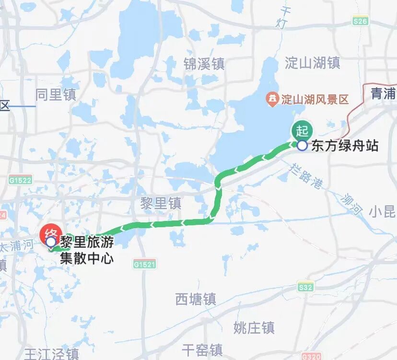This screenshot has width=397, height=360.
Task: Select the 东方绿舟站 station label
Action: (345, 146)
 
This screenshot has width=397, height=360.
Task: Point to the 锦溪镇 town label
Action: (204, 64)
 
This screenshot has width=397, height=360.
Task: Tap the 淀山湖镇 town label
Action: (313, 63)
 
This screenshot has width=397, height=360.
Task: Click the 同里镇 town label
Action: (56, 94)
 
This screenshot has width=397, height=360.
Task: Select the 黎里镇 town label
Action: (161, 203)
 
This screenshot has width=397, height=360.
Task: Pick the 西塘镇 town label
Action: (196, 300)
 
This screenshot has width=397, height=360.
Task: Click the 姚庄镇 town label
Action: (254, 328)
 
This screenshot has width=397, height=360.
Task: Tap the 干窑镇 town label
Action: (202, 349)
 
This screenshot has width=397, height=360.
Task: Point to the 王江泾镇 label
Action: (52, 354)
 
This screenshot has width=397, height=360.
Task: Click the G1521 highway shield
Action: (145, 264)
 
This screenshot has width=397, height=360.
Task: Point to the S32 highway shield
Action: (305, 287)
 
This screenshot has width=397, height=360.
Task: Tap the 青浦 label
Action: (383, 94)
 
